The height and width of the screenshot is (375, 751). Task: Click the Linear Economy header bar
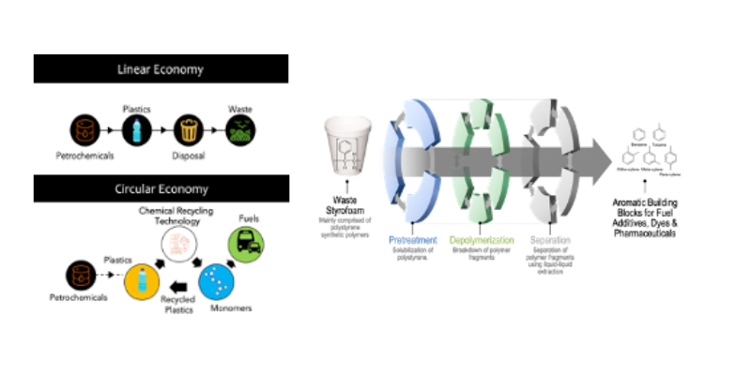point(161,69)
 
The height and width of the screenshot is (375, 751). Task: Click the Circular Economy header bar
point(161,187)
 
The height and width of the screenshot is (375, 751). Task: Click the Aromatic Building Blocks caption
point(670,218)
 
